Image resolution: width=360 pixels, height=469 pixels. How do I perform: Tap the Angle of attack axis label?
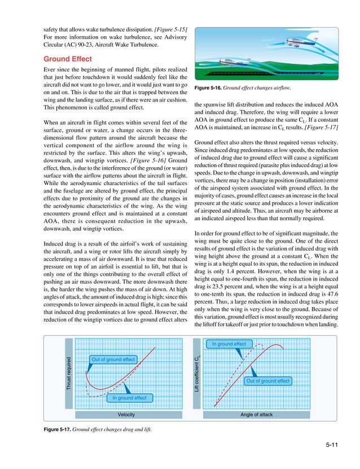pyautogui.click(x=257, y=414)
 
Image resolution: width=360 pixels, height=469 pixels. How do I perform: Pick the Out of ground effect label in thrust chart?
pyautogui.click(x=113, y=360)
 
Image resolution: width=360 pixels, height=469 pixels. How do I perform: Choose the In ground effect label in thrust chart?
pyautogui.click(x=129, y=398)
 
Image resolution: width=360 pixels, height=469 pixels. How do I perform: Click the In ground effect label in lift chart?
pyautogui.click(x=229, y=344)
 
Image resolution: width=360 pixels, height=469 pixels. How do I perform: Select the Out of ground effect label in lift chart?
pyautogui.click(x=267, y=382)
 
